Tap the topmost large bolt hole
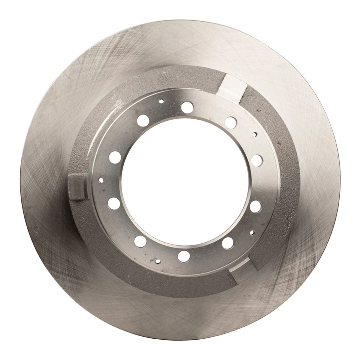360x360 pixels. tap(187, 107)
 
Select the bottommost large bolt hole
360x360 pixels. tap(184, 256)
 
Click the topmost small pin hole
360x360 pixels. tap(161, 101)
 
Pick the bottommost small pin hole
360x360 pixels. tap(158, 261)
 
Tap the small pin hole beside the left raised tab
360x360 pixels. tap(100, 180)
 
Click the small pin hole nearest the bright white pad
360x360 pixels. tap(255, 134)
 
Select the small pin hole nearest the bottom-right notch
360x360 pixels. tap(252, 232)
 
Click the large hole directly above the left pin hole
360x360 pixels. tap(115, 157)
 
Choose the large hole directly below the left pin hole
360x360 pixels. tap(114, 203)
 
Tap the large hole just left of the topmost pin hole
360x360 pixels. tap(143, 120)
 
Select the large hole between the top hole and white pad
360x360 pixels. tap(231, 122)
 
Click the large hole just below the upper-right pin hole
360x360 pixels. tap(256, 160)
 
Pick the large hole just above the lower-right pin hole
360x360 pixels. tap(255, 206)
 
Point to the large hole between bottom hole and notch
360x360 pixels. tap(228, 243)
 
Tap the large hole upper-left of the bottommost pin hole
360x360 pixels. tap(140, 241)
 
